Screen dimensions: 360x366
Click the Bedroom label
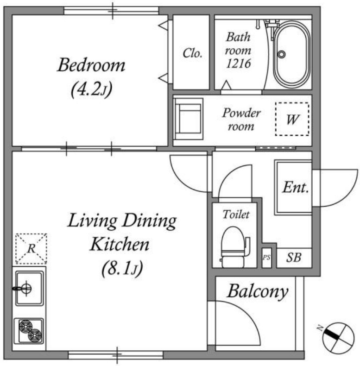coord(91,65)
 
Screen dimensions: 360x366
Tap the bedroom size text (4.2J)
coord(92,89)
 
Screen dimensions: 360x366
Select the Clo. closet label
coord(192,53)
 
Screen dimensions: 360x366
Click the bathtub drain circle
coord(281,54)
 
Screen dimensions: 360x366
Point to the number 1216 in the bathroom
coord(238,63)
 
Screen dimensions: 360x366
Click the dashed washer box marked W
coord(292,119)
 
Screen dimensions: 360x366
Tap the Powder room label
coord(241,119)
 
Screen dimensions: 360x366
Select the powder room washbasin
coord(189,119)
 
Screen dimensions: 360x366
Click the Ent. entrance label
coord(296,187)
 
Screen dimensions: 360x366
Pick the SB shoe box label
coord(294,258)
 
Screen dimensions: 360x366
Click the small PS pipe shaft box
coord(266,258)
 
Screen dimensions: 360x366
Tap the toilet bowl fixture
coord(234,247)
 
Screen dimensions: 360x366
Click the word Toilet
coord(236,215)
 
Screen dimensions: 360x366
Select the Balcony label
coord(258,291)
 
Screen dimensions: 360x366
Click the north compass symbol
coord(338,338)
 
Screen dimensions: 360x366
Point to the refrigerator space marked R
coord(32,249)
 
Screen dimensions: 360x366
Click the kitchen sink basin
coord(29,288)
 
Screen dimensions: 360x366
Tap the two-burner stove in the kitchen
coord(29,331)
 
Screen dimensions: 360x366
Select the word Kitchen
coord(120,244)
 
